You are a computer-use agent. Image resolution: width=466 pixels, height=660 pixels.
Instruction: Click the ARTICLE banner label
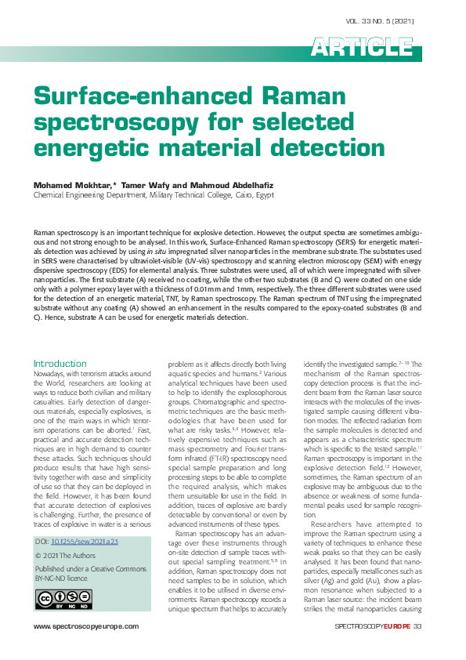click(362, 48)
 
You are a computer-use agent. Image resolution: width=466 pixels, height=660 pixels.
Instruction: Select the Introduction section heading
click(60, 364)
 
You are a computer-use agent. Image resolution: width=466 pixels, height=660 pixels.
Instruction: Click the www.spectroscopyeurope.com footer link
click(85, 626)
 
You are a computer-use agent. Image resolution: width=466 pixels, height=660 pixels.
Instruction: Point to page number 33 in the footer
click(417, 626)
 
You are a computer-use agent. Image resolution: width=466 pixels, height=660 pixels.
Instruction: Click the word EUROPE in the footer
click(394, 626)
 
